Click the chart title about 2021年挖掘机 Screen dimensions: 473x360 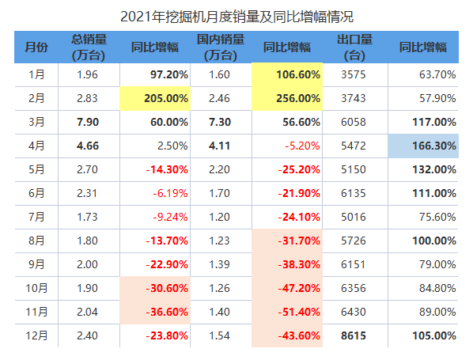click(236, 17)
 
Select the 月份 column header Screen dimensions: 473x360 click(36, 47)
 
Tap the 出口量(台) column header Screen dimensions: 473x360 click(354, 47)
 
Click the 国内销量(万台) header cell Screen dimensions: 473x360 click(221, 47)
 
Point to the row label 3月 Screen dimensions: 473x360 click(36, 122)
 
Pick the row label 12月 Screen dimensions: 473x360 click(36, 335)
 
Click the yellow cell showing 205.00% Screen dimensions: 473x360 click(155, 98)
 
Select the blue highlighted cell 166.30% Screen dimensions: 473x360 click(423, 146)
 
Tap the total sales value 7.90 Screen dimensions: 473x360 click(88, 122)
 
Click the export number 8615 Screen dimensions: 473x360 click(354, 335)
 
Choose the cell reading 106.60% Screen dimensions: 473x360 click(287, 74)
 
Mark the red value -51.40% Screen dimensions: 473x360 click(299, 312)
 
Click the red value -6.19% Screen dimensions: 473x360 click(170, 193)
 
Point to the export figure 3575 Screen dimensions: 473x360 click(354, 74)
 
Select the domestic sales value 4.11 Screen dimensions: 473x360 click(219, 146)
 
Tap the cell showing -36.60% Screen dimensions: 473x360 click(155, 312)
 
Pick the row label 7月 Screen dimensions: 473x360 click(36, 217)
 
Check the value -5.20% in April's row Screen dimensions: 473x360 click(302, 146)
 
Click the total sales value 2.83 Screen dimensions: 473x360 click(87, 98)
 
